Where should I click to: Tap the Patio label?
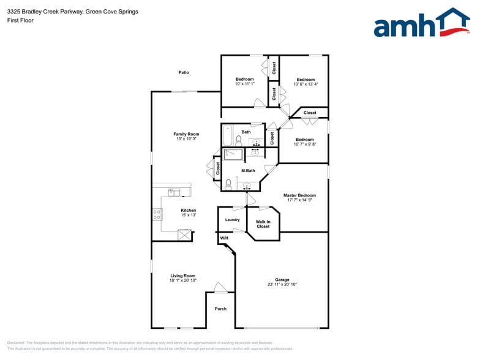click(x=184, y=72)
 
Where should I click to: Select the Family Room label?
click(x=186, y=134)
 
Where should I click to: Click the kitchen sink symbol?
click(x=175, y=193)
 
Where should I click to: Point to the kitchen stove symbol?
click(x=157, y=214)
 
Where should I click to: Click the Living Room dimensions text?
click(x=183, y=280)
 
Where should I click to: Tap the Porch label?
click(x=220, y=309)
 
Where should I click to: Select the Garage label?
click(x=282, y=280)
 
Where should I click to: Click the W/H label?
click(x=224, y=238)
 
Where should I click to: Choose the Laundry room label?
click(x=232, y=220)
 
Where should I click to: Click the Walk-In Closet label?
click(x=263, y=224)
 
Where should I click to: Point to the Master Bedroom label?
click(x=299, y=195)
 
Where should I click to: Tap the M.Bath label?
click(x=248, y=171)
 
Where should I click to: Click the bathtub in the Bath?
click(x=228, y=134)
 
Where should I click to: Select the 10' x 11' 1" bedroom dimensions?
click(x=245, y=84)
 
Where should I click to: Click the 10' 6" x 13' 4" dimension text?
click(x=306, y=84)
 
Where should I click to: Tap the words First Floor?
click(x=21, y=20)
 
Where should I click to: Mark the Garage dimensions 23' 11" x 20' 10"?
click(x=282, y=285)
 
